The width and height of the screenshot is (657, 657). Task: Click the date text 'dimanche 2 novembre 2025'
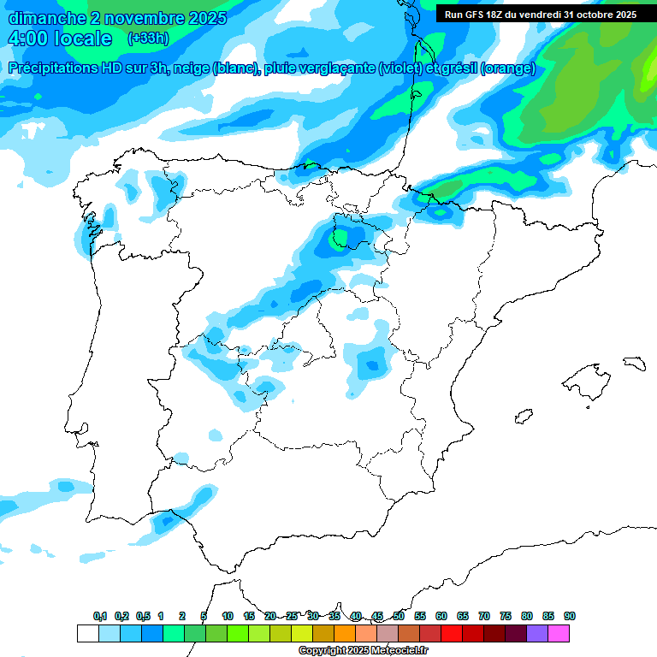[x=117, y=18]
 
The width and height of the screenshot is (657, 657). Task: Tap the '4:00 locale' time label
[x=60, y=39]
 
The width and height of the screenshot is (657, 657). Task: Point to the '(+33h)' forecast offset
[x=148, y=38]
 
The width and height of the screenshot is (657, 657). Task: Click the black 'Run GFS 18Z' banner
[x=540, y=15]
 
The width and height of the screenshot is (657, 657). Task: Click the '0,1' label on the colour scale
[x=100, y=616]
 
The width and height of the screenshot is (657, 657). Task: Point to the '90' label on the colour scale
[x=570, y=616]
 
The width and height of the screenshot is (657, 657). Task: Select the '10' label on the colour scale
[x=228, y=616]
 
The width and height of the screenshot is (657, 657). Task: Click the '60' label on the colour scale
[x=441, y=616]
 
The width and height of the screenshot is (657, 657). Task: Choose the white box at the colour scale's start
[x=87, y=633]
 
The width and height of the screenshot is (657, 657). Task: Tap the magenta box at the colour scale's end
[x=559, y=633]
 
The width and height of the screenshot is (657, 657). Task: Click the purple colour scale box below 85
[x=537, y=633]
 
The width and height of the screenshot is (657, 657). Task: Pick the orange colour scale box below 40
[x=345, y=633]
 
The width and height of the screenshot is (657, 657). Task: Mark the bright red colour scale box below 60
[x=452, y=633]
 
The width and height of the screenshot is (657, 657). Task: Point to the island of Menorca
[x=633, y=363]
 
